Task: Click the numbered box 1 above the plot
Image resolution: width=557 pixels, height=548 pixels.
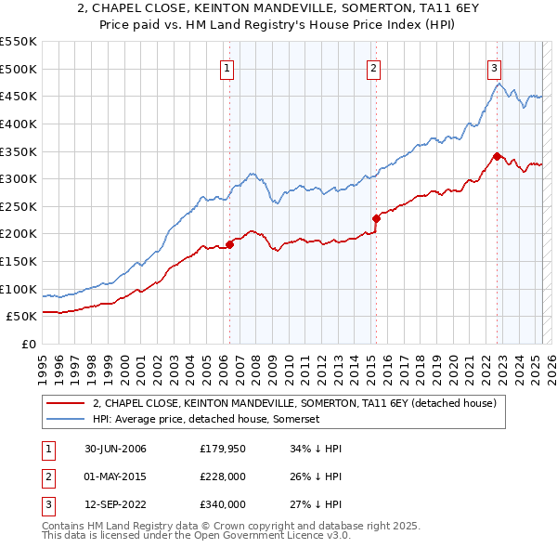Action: coord(227,67)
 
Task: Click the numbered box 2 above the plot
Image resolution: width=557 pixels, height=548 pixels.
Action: coord(372,67)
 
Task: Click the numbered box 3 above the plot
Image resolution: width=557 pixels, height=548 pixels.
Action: coord(495,67)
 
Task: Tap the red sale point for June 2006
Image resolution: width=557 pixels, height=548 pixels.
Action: coord(230,244)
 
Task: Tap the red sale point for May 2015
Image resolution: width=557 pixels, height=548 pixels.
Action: coord(376,218)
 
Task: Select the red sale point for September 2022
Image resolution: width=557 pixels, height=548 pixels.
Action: coord(498,156)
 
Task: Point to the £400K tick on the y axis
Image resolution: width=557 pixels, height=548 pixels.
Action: coord(19,124)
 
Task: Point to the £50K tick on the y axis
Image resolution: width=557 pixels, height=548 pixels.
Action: coord(22,317)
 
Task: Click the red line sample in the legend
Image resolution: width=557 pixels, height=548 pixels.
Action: coord(65,403)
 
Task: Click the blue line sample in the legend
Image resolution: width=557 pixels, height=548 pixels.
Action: coord(65,419)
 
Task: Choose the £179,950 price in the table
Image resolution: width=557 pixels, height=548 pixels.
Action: coord(222,449)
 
